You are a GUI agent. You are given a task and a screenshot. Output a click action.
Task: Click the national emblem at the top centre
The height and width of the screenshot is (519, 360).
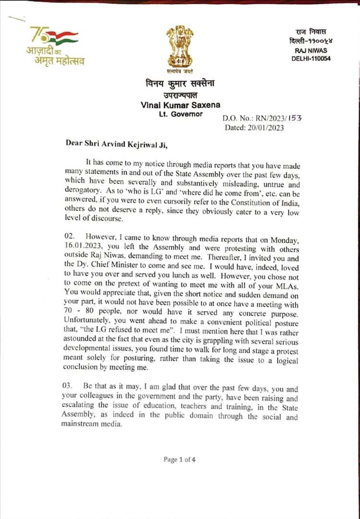point(180,47)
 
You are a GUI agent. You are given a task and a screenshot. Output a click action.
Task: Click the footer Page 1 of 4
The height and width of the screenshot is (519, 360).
point(180,460)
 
